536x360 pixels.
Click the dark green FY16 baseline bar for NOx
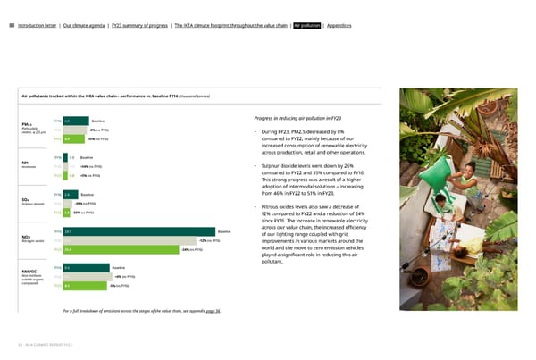151,231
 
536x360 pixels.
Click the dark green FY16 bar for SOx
71,194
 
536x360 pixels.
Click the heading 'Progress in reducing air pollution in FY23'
306,119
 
